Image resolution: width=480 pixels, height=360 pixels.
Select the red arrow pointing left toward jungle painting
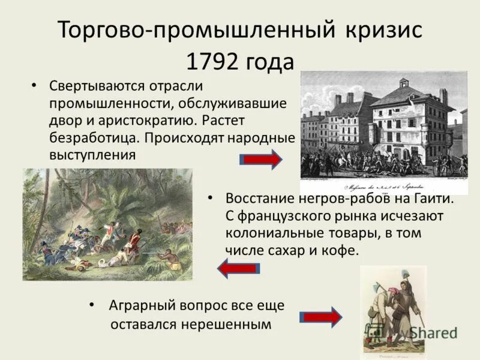[x=238, y=268]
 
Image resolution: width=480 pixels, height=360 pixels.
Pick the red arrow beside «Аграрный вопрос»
[x=320, y=317]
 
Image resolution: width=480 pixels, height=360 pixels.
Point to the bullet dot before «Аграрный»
[x=91, y=305]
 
